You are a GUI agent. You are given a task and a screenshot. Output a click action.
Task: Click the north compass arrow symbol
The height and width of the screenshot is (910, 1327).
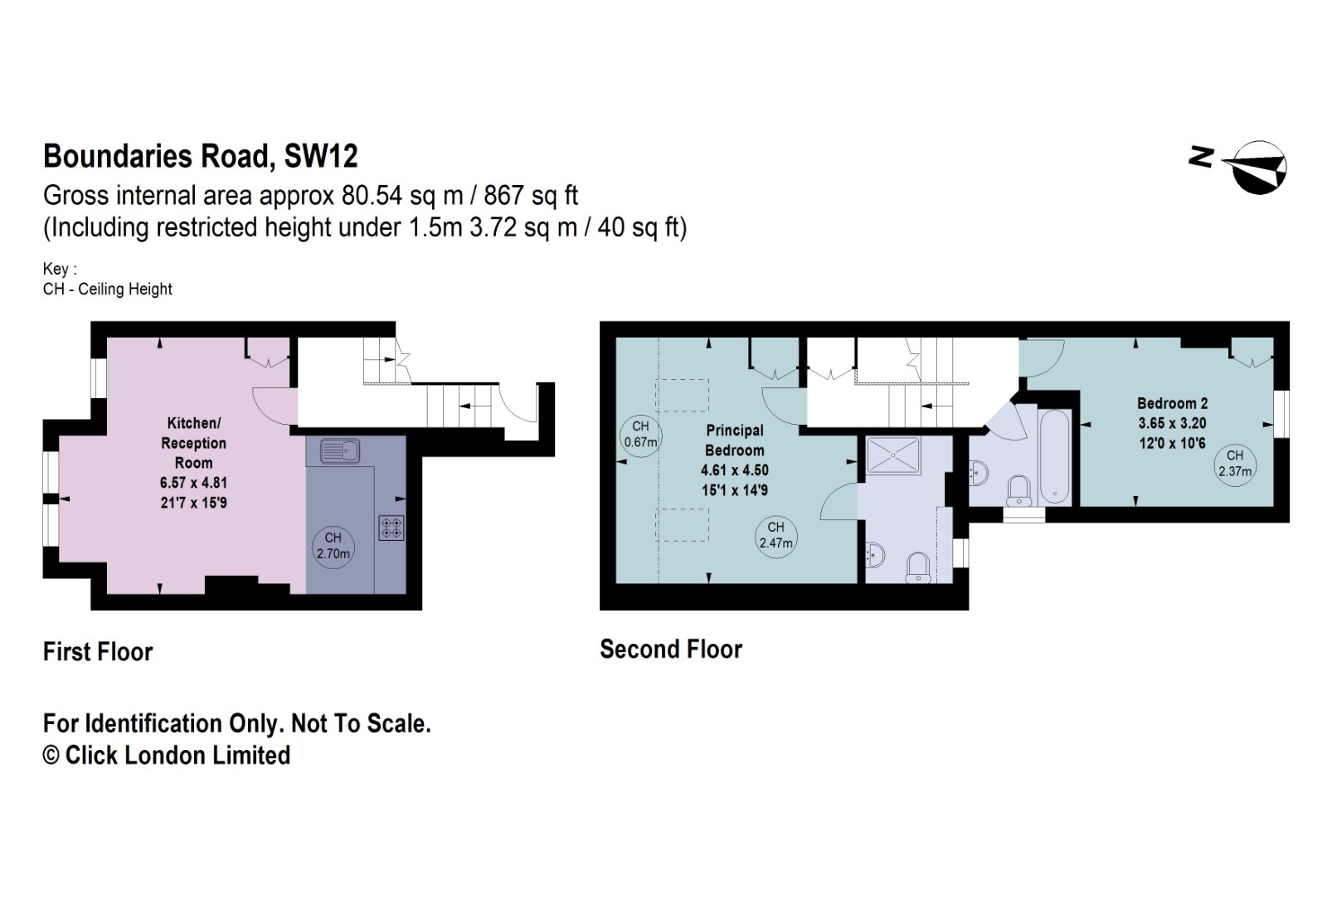point(1257,167)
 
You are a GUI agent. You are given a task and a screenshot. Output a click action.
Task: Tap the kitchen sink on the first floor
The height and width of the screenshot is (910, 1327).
point(340,451)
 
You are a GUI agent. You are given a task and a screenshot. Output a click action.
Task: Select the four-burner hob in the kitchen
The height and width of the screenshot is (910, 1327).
point(391,528)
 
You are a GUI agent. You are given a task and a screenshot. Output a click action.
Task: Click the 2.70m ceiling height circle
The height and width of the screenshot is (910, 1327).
point(333,546)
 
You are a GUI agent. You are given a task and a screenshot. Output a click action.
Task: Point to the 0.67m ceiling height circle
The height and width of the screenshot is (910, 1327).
point(640,434)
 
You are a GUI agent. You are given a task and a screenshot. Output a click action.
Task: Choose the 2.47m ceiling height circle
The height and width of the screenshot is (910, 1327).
point(776,535)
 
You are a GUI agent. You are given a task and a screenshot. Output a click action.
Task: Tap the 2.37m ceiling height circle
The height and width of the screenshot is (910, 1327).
point(1235,464)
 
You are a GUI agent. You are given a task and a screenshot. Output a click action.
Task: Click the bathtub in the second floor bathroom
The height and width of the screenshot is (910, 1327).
point(1055,456)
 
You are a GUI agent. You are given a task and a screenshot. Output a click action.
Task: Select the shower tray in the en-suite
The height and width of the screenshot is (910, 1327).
point(893,455)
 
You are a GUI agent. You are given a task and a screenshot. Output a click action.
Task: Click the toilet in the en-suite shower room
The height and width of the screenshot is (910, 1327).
point(917,567)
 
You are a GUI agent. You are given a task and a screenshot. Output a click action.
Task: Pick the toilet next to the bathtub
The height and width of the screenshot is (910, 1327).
point(1018,489)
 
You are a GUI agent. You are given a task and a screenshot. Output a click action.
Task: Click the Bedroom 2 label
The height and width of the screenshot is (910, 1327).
point(1172,403)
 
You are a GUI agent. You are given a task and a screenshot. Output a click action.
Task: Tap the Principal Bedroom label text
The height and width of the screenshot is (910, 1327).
point(735,440)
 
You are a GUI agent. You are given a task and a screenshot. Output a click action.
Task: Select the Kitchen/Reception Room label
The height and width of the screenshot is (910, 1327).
point(193,443)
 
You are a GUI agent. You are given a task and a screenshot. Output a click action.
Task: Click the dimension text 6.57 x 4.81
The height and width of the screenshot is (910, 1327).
point(193,483)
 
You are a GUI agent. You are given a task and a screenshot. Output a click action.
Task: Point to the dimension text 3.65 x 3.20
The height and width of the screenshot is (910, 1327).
point(1172,423)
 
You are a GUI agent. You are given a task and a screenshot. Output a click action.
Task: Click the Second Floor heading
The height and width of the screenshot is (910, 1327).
point(671,649)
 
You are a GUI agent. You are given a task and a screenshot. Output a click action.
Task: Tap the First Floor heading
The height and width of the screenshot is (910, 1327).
point(98,651)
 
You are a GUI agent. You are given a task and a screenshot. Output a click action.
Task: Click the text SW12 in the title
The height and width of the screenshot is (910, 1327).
point(321,156)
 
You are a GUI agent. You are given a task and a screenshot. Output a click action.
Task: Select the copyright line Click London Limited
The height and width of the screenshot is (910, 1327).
point(167,755)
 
